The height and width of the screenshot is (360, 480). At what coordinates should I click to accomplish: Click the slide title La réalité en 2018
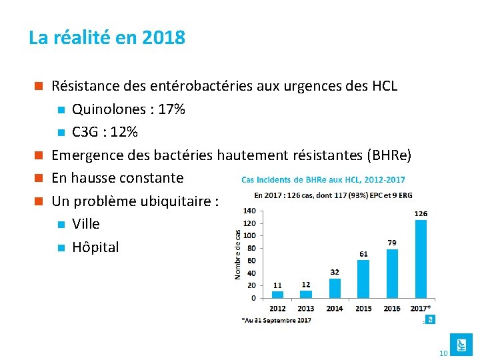coord(107,37)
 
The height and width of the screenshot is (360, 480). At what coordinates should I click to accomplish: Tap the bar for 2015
coord(363,279)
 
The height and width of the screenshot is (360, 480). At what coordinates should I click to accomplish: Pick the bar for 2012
coord(277,294)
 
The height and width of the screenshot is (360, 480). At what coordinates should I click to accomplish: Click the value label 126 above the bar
coord(421,213)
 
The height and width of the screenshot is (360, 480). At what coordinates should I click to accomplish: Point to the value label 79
coord(392,243)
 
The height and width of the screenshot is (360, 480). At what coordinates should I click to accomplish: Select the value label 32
coord(335,272)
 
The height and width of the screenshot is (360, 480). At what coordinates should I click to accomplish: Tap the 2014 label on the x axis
coord(335,309)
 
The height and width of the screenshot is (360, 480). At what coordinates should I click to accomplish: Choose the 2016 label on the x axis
coord(392,309)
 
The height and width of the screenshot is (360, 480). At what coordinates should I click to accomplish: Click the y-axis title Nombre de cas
coord(238,254)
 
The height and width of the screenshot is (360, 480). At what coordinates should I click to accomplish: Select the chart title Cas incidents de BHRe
coord(323,179)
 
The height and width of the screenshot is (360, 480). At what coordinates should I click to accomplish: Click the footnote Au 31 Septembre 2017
coord(276,321)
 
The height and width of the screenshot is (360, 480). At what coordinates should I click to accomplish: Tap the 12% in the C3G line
coord(125,132)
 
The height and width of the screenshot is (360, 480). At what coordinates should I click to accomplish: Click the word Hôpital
coord(95,247)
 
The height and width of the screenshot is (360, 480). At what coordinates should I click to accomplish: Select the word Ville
coord(86,224)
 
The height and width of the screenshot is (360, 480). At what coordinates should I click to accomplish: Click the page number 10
coord(443,352)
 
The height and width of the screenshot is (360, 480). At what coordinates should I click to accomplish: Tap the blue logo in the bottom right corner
coord(461,344)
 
